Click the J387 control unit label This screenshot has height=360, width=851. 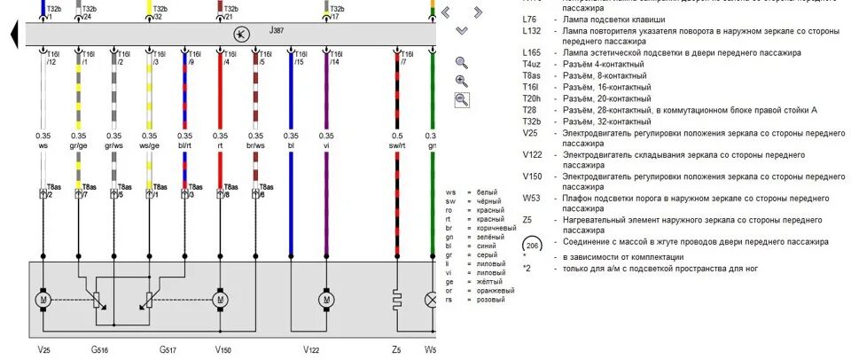pyautogui.click(x=277, y=30)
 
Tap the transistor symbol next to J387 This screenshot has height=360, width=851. pyautogui.click(x=240, y=34)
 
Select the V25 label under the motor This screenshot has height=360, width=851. pyautogui.click(x=44, y=350)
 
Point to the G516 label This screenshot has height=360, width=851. pyautogui.click(x=98, y=350)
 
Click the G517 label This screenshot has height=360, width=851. pyautogui.click(x=168, y=350)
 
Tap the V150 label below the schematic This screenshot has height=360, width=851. pyautogui.click(x=223, y=350)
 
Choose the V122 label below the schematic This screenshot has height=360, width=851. pyautogui.click(x=311, y=350)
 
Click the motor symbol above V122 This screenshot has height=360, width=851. pyautogui.click(x=326, y=300)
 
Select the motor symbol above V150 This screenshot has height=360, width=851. pyautogui.click(x=220, y=300)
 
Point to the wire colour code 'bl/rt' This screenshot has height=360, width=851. pyautogui.click(x=183, y=145)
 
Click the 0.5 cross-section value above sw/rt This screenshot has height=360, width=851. pyautogui.click(x=397, y=135)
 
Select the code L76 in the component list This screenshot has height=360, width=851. pyautogui.click(x=531, y=18)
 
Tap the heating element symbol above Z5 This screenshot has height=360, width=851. pyautogui.click(x=398, y=300)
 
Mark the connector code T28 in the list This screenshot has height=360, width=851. pyautogui.click(x=531, y=110)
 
